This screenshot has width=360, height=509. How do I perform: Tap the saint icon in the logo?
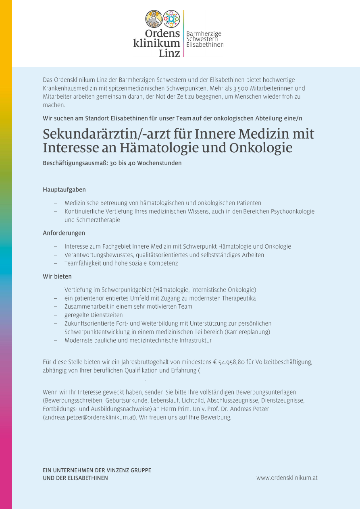(x=154, y=19)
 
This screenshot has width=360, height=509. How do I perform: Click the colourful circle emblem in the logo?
(x=172, y=19)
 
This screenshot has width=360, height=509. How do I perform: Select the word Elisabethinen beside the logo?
(x=205, y=45)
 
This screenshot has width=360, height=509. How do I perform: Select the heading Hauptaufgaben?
(x=65, y=189)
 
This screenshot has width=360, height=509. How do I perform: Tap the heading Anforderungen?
(x=64, y=233)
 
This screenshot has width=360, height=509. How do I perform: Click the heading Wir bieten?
(x=57, y=276)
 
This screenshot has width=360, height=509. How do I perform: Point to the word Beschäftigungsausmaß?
(x=76, y=163)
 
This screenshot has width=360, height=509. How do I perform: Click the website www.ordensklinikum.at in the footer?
(x=287, y=478)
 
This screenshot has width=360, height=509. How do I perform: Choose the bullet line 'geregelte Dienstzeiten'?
(x=94, y=315)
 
